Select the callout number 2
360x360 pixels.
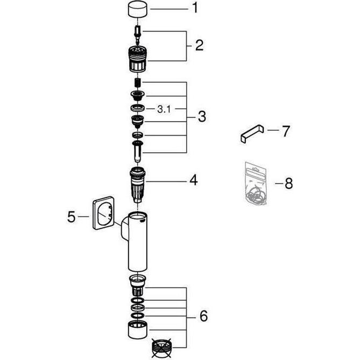click(x=199, y=46)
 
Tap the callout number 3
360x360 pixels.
click(x=201, y=117)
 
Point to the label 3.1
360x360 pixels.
click(x=164, y=109)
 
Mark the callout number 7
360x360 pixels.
click(x=287, y=131)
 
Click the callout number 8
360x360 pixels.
click(x=288, y=183)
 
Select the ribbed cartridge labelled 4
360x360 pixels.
click(x=138, y=183)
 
